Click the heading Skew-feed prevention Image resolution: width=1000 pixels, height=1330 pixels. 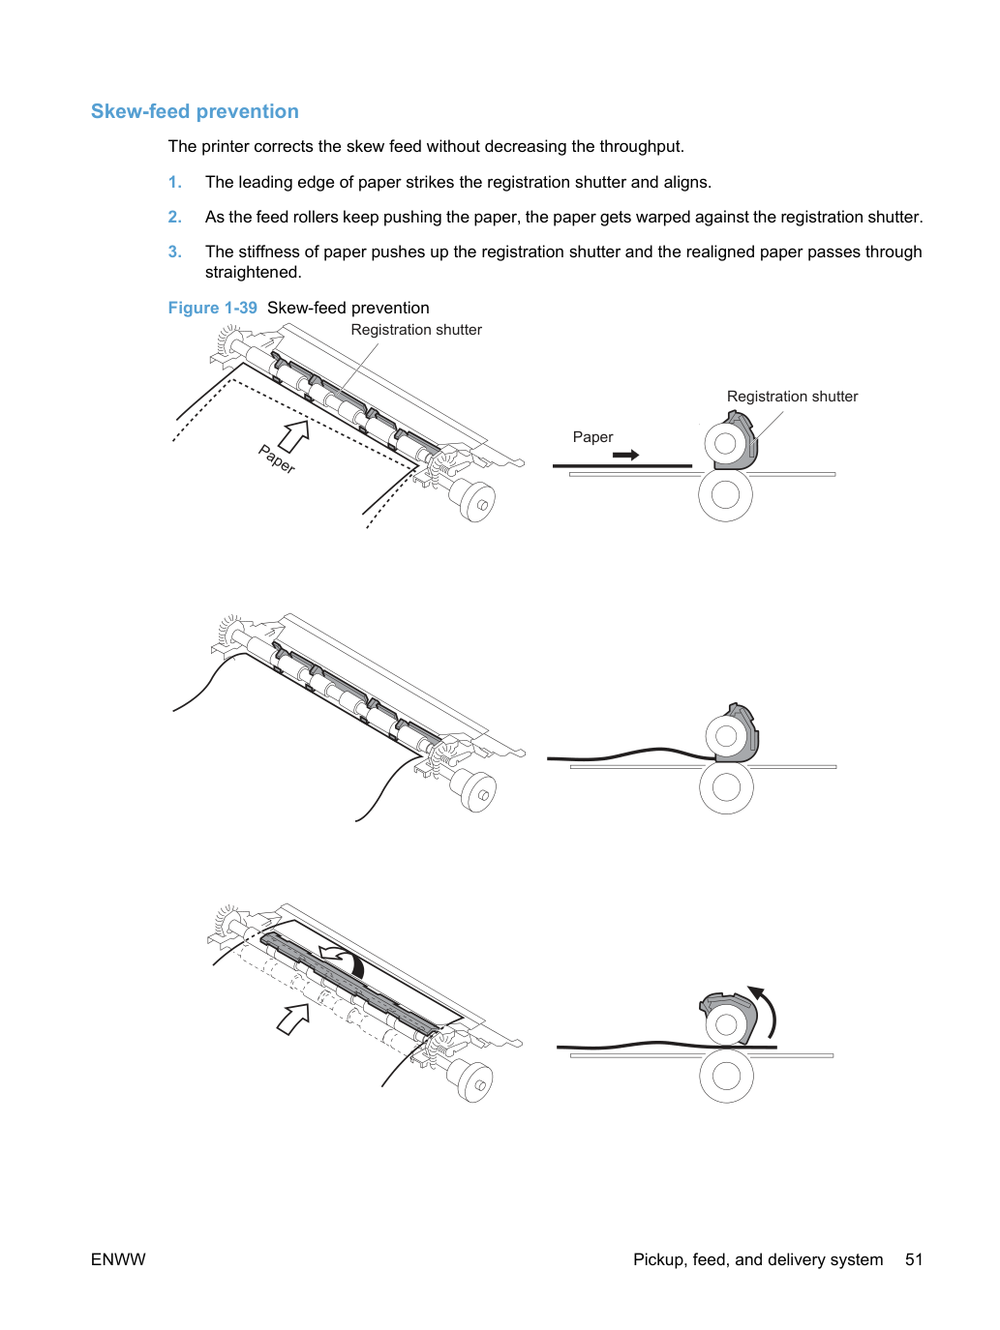click(195, 111)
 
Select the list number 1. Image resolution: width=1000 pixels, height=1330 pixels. click(174, 183)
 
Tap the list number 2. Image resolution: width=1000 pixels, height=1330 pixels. click(174, 217)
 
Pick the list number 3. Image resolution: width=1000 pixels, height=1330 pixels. click(174, 251)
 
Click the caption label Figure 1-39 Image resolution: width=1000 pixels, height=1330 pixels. click(213, 308)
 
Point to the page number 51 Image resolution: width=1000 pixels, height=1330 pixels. click(914, 1259)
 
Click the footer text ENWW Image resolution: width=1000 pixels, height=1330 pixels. click(118, 1259)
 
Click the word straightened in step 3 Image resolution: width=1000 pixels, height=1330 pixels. click(253, 273)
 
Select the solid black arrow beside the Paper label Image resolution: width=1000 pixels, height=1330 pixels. click(625, 455)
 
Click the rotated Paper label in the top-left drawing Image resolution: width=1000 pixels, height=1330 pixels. click(277, 458)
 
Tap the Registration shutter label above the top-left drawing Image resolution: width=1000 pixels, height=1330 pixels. click(416, 330)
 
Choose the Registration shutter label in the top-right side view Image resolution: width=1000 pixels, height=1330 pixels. click(792, 397)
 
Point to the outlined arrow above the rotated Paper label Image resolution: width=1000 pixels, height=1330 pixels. click(294, 435)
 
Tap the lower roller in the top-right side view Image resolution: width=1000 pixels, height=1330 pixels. click(725, 494)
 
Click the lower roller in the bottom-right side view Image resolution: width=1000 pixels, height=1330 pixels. click(726, 1077)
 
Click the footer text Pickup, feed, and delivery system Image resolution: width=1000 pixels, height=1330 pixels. click(758, 1259)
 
